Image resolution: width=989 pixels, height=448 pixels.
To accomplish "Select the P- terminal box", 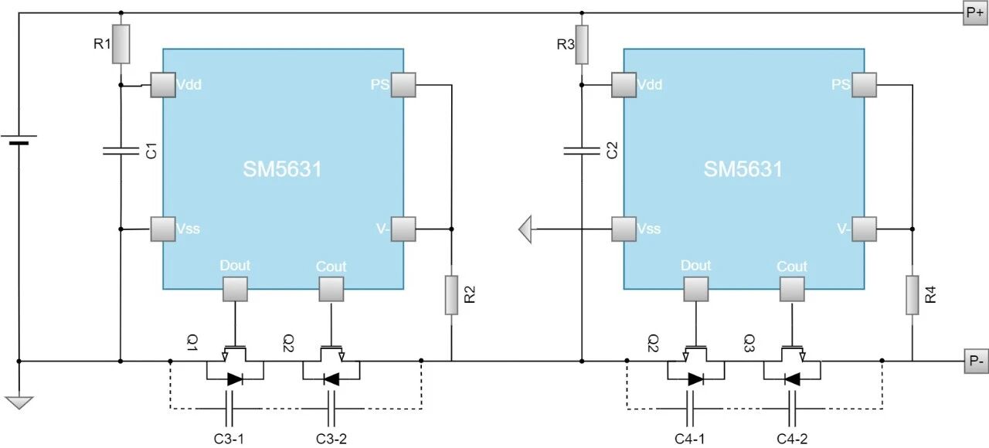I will pyautogui.click(x=974, y=361).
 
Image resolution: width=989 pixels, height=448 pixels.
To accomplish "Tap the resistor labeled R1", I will pyautogui.click(x=121, y=44).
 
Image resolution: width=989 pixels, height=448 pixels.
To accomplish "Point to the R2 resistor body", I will pyautogui.click(x=451, y=294).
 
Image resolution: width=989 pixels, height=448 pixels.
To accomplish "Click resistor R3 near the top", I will pyautogui.click(x=582, y=44).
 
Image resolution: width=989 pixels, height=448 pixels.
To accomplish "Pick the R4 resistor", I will pyautogui.click(x=913, y=294).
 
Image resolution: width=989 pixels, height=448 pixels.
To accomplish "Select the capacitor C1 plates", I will pyautogui.click(x=121, y=151).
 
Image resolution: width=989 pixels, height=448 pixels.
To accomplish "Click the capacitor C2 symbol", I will pyautogui.click(x=582, y=151).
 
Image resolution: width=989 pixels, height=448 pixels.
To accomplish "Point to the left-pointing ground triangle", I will pyautogui.click(x=526, y=229).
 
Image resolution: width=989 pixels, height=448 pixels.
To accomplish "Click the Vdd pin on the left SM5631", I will pyautogui.click(x=163, y=84).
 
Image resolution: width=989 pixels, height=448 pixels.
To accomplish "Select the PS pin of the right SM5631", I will pyautogui.click(x=864, y=84).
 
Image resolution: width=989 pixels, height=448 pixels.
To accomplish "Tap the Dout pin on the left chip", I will pyautogui.click(x=235, y=289).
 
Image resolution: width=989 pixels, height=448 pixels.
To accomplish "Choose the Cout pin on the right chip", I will pyautogui.click(x=791, y=289).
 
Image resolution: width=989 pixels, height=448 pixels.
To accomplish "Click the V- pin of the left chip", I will pyautogui.click(x=403, y=229).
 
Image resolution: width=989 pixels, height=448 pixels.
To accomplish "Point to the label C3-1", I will pyautogui.click(x=229, y=438).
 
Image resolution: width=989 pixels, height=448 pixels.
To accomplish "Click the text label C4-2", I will pyautogui.click(x=792, y=438).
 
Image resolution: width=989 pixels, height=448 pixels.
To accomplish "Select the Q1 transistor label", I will pyautogui.click(x=192, y=341).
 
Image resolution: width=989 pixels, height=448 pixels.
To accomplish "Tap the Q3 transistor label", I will pyautogui.click(x=749, y=341).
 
